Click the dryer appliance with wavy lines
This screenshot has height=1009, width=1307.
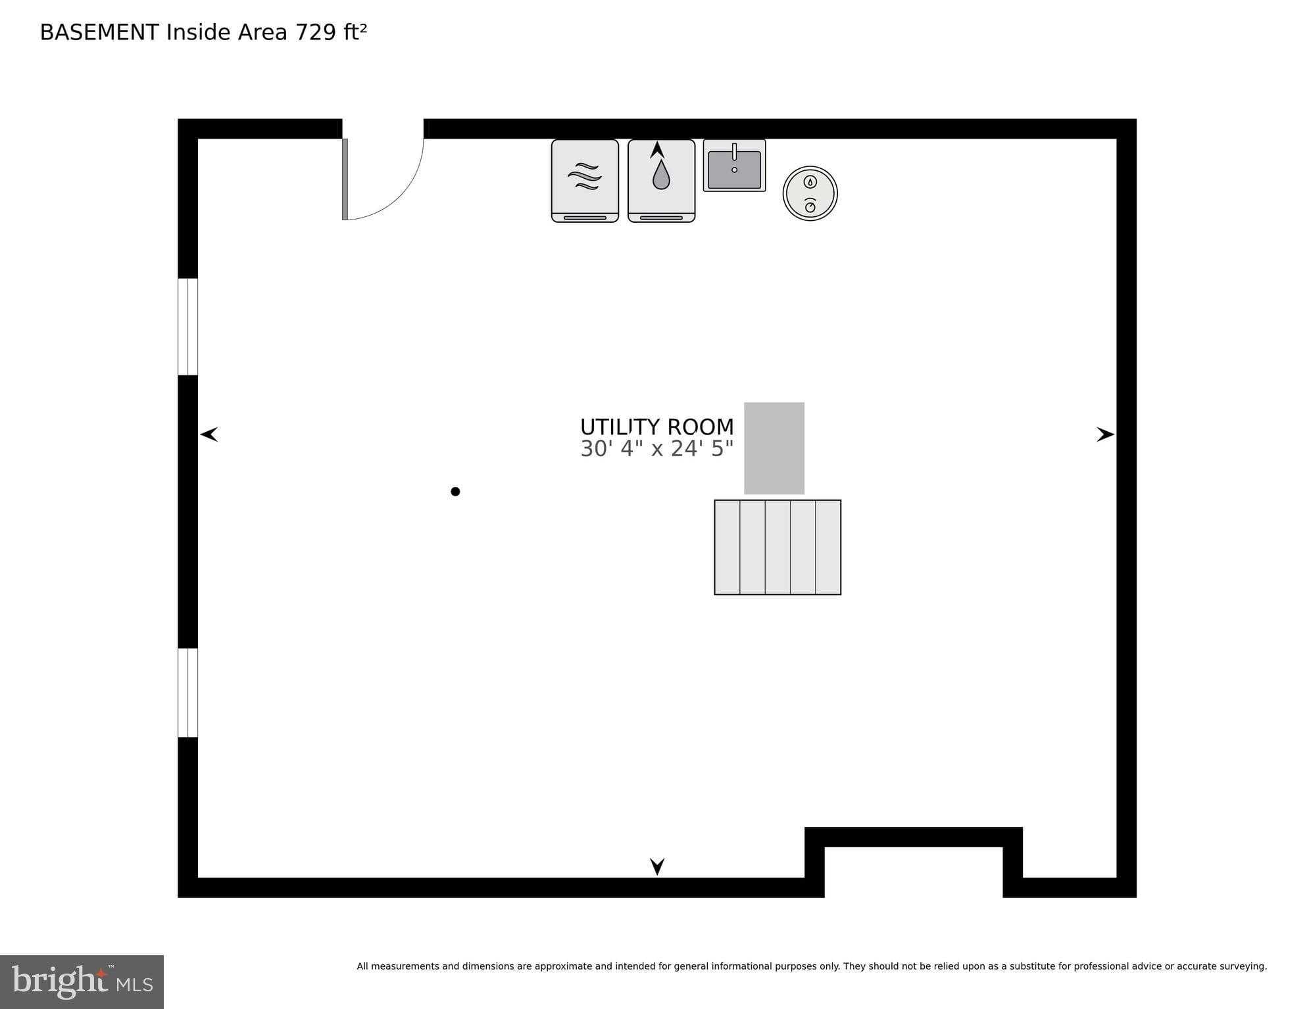(x=585, y=181)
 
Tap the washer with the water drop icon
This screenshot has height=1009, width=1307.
(x=661, y=181)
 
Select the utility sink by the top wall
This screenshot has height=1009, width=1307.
(x=734, y=165)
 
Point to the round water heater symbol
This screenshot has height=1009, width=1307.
(x=810, y=193)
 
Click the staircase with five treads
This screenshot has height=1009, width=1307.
(x=777, y=547)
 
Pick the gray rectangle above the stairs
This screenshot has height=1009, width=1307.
(x=774, y=448)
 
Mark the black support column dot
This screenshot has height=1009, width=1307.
(x=455, y=491)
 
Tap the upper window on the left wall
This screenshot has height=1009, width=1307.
(x=188, y=327)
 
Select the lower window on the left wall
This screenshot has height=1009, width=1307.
(x=188, y=693)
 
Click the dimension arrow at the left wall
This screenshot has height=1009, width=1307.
(x=209, y=434)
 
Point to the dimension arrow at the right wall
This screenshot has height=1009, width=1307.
(x=1106, y=434)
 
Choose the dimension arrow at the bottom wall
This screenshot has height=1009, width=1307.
(x=657, y=866)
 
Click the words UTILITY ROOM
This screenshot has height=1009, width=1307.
(x=656, y=427)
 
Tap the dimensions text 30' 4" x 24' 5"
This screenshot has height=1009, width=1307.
(x=656, y=448)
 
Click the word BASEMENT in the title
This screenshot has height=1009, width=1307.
(x=99, y=32)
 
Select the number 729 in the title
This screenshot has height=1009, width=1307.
(x=316, y=32)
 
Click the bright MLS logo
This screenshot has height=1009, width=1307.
(x=82, y=981)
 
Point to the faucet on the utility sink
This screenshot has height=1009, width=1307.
(x=734, y=152)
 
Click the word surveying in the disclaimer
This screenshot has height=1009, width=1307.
(x=1243, y=966)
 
